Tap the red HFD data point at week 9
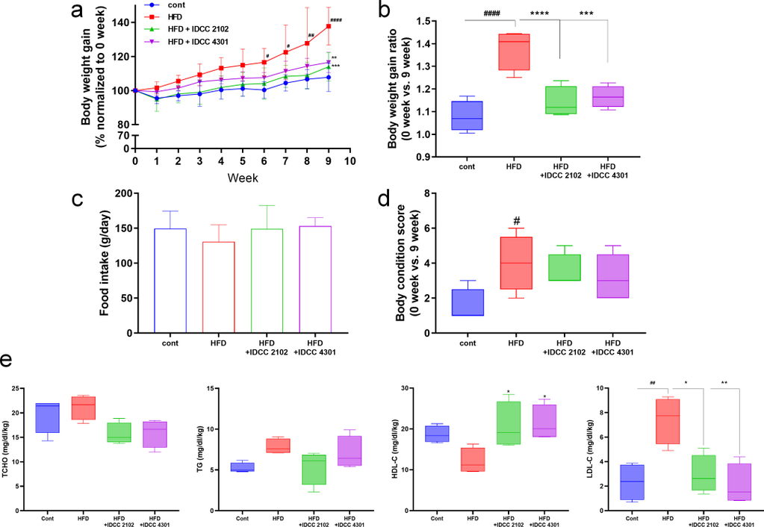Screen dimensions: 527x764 click(328, 26)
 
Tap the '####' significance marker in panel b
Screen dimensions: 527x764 click(492, 13)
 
